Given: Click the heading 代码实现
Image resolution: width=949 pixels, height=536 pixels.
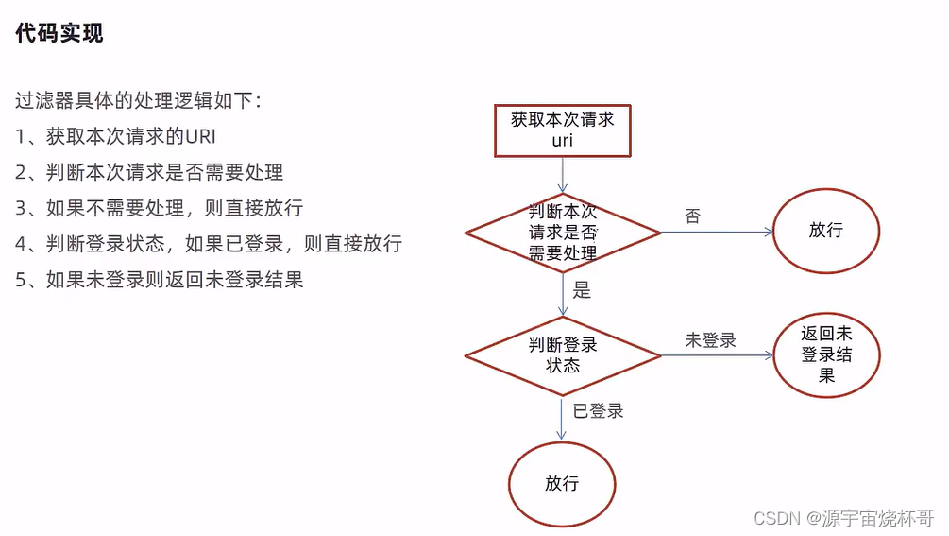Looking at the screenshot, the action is click(x=59, y=33).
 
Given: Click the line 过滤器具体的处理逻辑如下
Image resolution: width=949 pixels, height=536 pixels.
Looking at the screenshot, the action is click(x=138, y=100).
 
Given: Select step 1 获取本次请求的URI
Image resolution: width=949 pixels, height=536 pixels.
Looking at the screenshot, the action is click(x=123, y=136).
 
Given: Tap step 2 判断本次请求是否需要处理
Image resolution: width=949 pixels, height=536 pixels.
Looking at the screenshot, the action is click(x=149, y=172).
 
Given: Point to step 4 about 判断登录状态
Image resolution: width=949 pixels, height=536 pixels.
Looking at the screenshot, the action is click(x=209, y=244).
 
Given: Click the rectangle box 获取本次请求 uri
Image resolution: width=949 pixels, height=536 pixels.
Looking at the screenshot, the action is click(x=562, y=130).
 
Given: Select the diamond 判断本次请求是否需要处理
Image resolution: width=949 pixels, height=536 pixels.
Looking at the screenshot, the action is click(x=562, y=232).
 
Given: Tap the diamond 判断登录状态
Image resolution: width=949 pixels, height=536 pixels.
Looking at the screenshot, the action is click(x=562, y=354).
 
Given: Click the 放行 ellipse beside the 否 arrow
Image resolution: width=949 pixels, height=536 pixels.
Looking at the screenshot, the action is click(x=825, y=231).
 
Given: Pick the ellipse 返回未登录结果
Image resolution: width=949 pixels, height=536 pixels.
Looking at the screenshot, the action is click(x=825, y=354).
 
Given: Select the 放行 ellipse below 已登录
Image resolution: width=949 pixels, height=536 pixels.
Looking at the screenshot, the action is click(x=562, y=484).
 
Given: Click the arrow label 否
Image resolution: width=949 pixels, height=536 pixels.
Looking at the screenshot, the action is click(x=692, y=216).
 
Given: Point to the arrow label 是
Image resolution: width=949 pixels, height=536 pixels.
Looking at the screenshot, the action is click(x=582, y=291).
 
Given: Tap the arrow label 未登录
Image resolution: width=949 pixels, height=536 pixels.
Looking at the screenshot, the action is click(x=710, y=340).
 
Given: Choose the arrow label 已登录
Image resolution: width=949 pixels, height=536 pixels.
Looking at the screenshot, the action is click(x=599, y=410).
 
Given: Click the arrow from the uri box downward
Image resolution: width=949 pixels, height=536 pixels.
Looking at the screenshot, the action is click(x=563, y=175).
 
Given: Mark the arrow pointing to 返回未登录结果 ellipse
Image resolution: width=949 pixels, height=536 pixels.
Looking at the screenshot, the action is click(x=718, y=355).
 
